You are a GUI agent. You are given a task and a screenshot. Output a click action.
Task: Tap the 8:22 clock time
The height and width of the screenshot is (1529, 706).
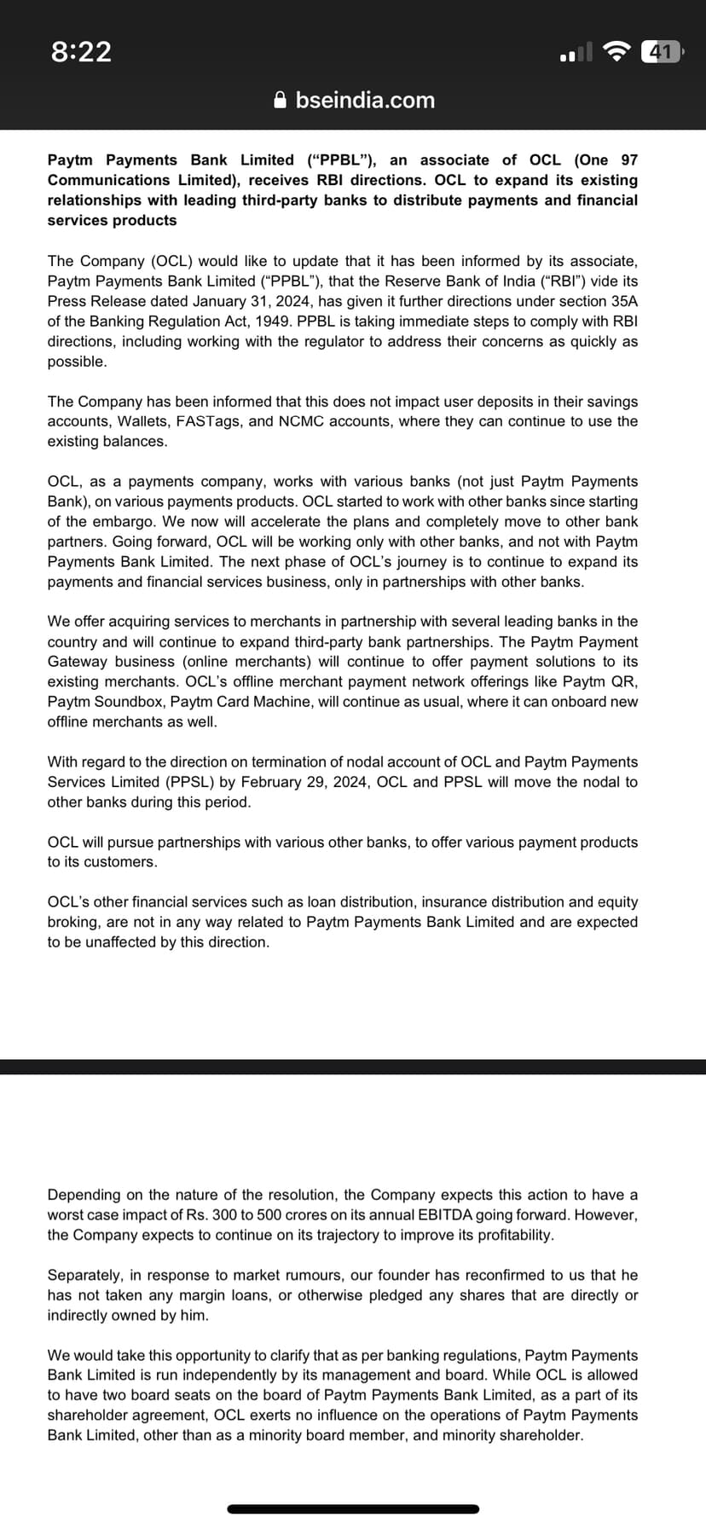pos(81,52)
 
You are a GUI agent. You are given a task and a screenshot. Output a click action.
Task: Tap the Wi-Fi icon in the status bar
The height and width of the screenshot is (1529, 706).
pos(616,52)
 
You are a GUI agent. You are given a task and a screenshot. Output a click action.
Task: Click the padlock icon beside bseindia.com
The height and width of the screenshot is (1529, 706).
pos(281,101)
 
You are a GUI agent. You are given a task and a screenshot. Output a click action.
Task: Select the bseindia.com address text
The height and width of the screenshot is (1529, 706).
pos(365,101)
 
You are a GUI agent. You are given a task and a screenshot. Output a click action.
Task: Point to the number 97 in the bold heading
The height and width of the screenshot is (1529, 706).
pos(629,160)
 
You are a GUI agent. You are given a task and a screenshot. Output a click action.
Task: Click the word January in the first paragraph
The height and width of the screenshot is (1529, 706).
pos(221,301)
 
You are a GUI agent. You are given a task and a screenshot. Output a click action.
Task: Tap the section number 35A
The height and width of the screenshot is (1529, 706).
pos(619,301)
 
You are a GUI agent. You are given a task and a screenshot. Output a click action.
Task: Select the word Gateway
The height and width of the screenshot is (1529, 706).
pos(76,662)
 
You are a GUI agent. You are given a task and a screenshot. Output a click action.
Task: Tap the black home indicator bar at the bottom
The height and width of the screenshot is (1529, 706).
pos(353,1509)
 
